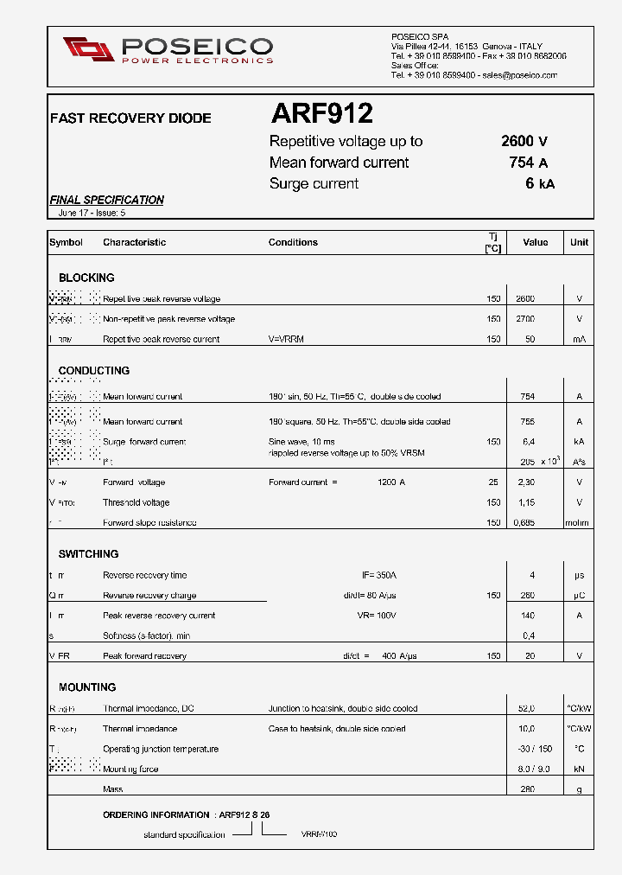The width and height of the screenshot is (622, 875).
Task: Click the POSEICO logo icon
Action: (x=88, y=49)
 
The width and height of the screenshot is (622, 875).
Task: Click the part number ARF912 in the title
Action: (x=321, y=113)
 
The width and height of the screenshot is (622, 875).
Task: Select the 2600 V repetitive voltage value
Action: (x=524, y=142)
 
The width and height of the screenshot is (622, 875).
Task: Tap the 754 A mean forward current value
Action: (x=529, y=163)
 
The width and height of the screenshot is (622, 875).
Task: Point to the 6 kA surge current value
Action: (x=539, y=183)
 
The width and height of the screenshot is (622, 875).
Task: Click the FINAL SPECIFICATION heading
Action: (x=107, y=200)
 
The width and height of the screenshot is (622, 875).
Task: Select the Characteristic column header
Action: (x=134, y=242)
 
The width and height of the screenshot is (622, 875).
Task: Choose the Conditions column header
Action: (x=293, y=242)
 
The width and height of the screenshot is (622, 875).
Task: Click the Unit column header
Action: (x=579, y=242)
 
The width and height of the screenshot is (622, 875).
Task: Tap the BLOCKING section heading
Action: (x=86, y=278)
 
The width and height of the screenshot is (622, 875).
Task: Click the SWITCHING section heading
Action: (x=88, y=553)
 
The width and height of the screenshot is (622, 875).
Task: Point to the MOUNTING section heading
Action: (x=87, y=687)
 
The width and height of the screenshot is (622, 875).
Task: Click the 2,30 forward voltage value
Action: (x=525, y=482)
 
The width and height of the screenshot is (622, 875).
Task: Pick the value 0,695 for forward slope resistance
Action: (x=525, y=522)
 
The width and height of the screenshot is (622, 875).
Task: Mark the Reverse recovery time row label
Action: (x=144, y=575)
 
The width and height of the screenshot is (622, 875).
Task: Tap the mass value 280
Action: (x=527, y=789)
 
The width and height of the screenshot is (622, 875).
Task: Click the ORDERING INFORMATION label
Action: (x=156, y=814)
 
